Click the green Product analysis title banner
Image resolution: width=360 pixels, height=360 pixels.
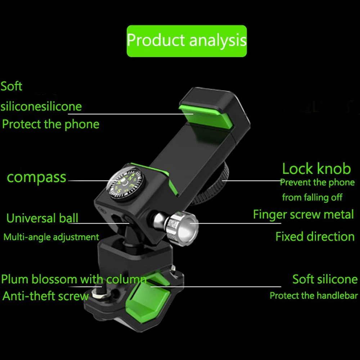point(186,41)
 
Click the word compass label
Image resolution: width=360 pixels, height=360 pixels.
point(37,177)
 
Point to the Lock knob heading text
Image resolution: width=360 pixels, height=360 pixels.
point(316,168)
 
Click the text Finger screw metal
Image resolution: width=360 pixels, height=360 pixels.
point(303,215)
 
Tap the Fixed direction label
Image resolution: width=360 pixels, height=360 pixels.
point(315,237)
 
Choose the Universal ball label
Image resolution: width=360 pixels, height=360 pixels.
point(42,218)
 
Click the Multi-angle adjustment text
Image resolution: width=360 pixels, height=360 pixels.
point(51,237)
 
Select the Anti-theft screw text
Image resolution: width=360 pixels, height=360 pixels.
point(45,296)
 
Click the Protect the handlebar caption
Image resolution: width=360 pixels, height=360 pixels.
point(314,296)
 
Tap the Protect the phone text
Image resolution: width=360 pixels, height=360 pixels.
point(50,124)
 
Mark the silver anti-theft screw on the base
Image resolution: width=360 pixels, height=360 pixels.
point(98,294)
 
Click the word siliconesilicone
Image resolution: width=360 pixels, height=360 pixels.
point(41,107)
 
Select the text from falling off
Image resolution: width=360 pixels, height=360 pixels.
point(312,197)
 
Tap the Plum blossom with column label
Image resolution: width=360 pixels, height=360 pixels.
point(74,279)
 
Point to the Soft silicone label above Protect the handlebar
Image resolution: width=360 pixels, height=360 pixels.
point(325,279)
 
